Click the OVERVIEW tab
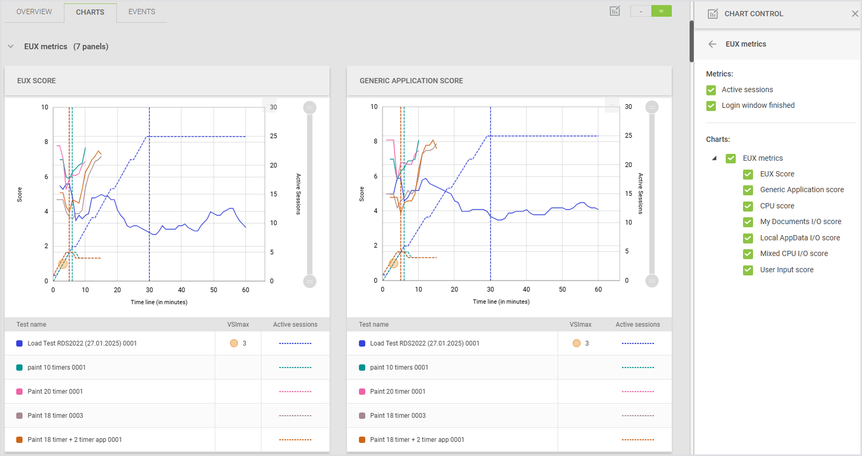(34, 12)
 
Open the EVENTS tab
(141, 12)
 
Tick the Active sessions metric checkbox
(711, 90)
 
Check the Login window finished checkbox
(711, 106)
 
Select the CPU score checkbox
(748, 206)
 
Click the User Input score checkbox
(748, 270)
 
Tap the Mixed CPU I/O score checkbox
(748, 254)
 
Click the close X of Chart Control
(855, 14)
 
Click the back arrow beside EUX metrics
(712, 44)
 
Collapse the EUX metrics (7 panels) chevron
(10, 47)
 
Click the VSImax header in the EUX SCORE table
(238, 325)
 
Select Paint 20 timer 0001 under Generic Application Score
(397, 392)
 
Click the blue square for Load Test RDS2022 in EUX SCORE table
(19, 343)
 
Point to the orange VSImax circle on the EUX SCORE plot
(63, 264)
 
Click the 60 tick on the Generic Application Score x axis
(598, 290)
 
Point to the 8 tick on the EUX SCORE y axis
(46, 142)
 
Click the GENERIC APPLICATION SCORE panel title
(411, 81)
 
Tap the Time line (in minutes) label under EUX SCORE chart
(159, 302)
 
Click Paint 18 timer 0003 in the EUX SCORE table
(55, 416)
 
